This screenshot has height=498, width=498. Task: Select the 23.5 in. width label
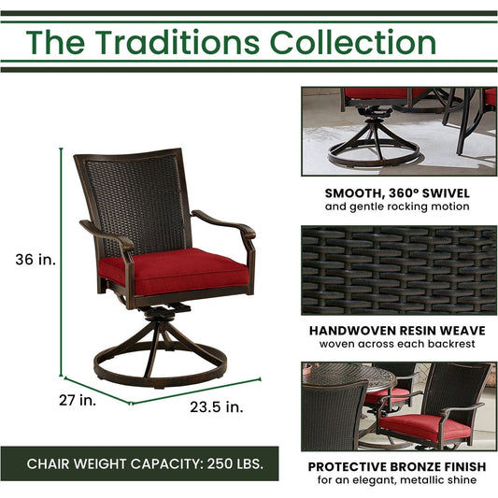click(216, 406)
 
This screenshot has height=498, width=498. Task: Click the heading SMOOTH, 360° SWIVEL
click(397, 192)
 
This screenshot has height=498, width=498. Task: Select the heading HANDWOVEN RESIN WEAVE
click(397, 330)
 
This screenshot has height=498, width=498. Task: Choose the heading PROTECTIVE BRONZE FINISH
click(397, 465)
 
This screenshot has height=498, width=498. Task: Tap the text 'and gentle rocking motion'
click(397, 206)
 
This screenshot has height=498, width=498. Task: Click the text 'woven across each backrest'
click(397, 344)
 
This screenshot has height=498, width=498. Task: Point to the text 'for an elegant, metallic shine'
click(397, 480)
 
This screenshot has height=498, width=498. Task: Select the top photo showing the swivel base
click(399, 130)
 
